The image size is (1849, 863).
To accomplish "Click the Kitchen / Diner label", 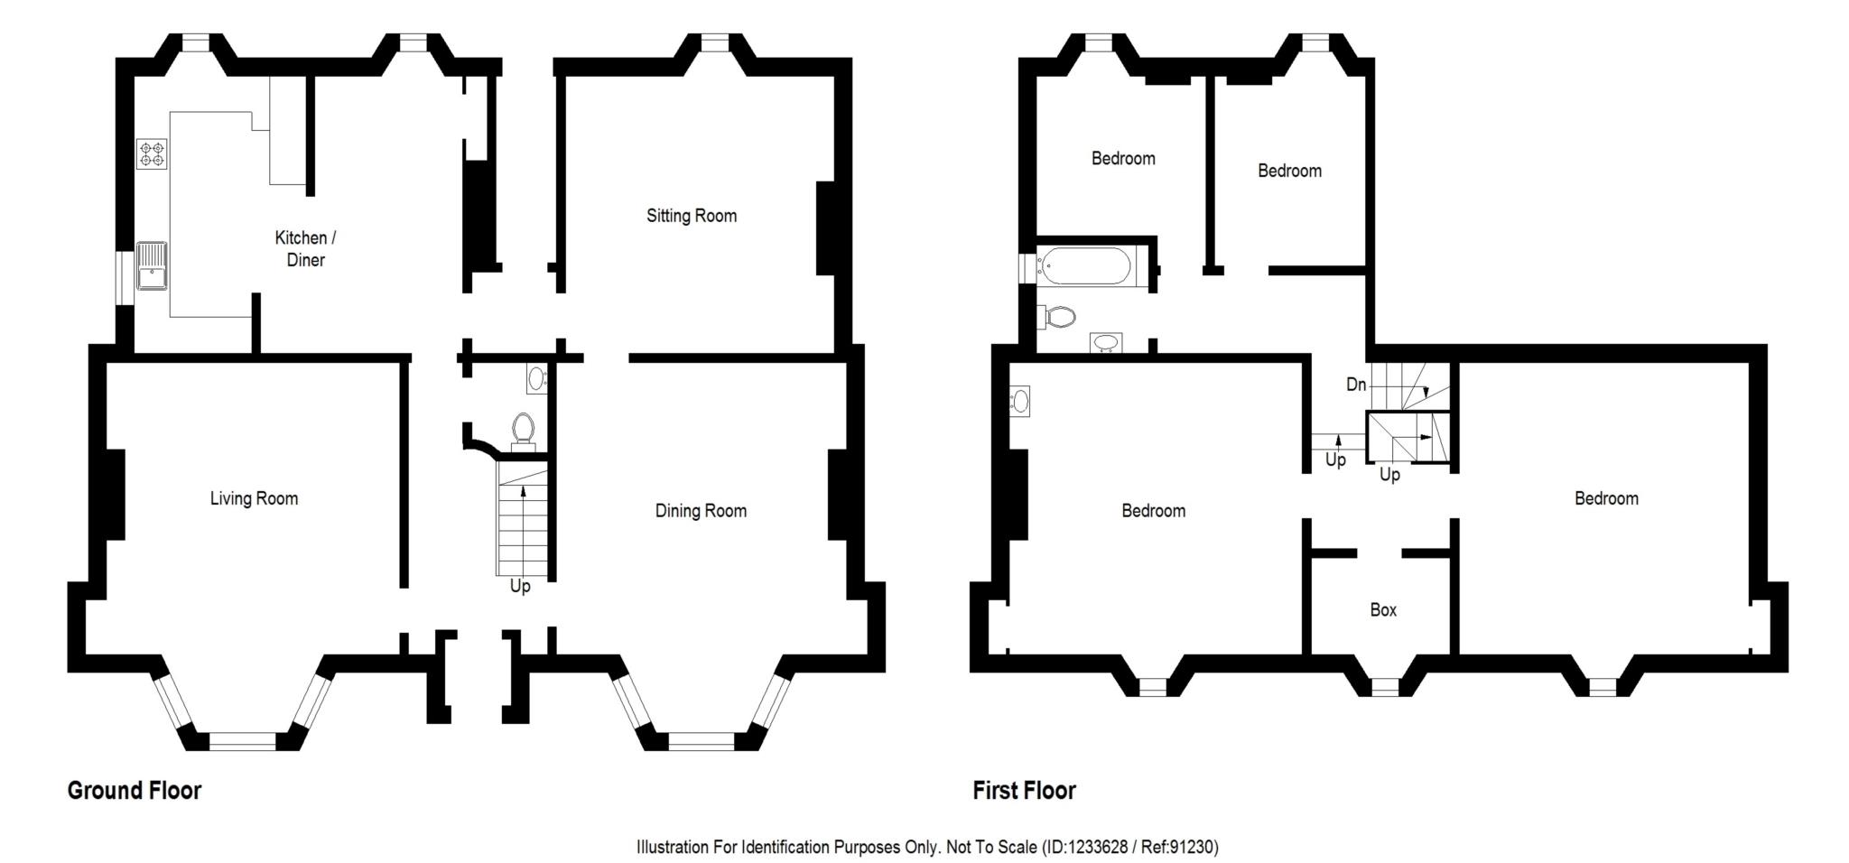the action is click(x=305, y=248).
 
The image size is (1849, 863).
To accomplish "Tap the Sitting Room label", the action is click(x=692, y=216).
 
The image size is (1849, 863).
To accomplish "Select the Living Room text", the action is click(x=254, y=498).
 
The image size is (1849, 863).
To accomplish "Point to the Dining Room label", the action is click(x=701, y=511).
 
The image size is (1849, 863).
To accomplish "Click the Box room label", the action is click(x=1383, y=610).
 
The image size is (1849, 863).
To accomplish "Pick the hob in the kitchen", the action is click(x=152, y=153).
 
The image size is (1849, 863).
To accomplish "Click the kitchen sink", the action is click(x=152, y=265).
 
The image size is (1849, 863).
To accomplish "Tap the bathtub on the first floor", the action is click(x=1083, y=266).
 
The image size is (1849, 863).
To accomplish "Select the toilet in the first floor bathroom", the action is click(x=1057, y=317).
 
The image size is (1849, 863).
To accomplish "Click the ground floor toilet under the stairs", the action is click(x=523, y=431).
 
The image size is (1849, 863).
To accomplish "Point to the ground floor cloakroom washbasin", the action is click(x=537, y=379).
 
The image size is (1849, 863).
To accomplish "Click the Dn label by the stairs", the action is click(x=1356, y=385).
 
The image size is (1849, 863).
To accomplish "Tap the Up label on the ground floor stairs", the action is click(x=520, y=587).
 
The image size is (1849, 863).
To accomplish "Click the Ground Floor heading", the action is click(x=135, y=791).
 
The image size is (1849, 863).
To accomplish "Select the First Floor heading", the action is click(x=1024, y=791).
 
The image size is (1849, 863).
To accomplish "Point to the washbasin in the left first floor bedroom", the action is click(x=1020, y=400).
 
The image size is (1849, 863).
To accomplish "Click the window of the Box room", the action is click(x=1385, y=688).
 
